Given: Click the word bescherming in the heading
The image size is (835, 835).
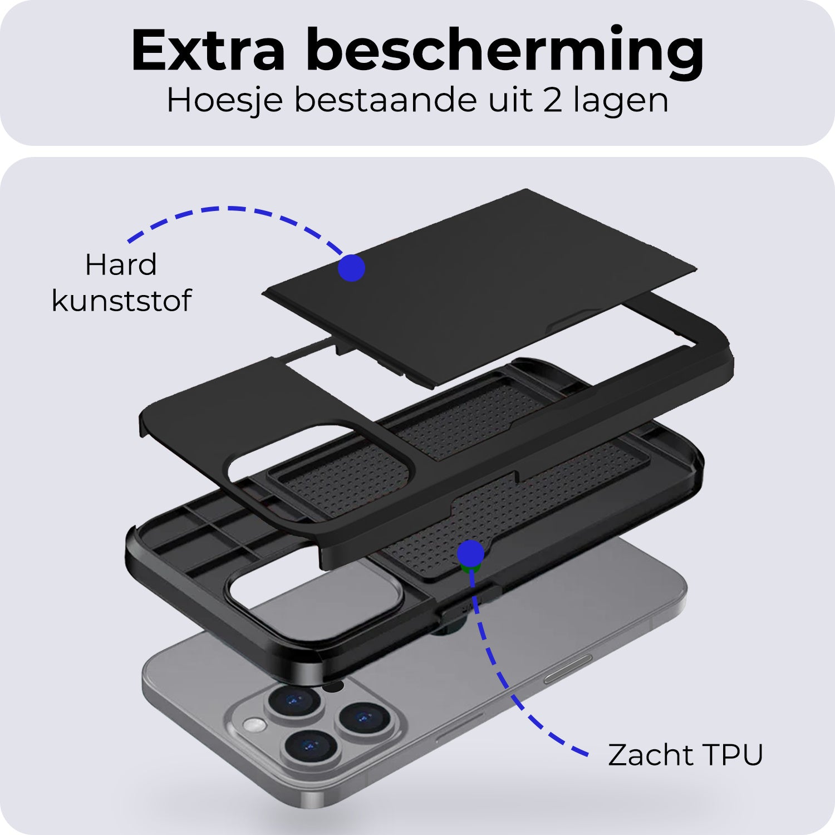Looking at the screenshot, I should (x=505, y=51).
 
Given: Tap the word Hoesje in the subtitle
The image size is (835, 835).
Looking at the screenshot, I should (x=225, y=101).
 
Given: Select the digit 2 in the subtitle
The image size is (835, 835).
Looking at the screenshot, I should (x=552, y=101).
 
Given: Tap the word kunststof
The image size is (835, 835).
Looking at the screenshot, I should (x=121, y=301).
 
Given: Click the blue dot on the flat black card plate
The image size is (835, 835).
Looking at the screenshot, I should (x=351, y=268).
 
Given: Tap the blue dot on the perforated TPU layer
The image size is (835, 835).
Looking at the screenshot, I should (x=470, y=553).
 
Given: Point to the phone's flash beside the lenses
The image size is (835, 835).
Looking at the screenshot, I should (x=254, y=725).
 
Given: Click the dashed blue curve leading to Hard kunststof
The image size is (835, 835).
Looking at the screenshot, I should (x=234, y=210).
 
